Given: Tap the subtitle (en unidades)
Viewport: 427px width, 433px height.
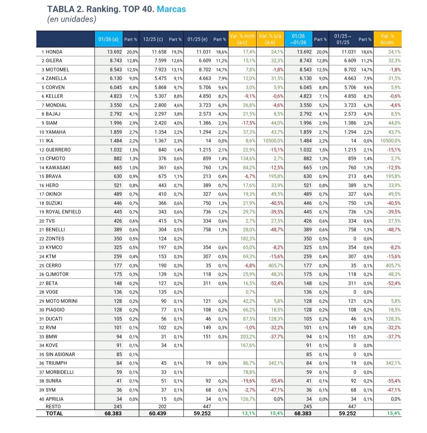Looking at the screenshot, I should (x=72, y=19).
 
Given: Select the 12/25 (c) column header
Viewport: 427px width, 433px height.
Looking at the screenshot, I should (x=153, y=39).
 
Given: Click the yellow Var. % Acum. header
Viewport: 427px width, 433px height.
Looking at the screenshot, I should (x=387, y=39).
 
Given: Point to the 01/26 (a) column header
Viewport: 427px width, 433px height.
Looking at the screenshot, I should (x=108, y=39).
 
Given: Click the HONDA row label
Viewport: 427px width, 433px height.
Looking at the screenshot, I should (x=54, y=52).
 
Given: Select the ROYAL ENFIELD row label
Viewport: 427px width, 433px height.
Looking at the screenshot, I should (x=63, y=212).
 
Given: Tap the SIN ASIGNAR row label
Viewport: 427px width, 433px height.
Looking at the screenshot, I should (x=60, y=354).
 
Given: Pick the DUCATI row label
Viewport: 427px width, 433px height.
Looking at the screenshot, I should (x=54, y=319).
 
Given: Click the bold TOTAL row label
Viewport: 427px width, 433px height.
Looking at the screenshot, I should (x=55, y=413).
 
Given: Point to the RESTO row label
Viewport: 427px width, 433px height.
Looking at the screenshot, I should (x=53, y=406).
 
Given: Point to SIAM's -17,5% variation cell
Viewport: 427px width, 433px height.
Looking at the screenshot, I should (x=248, y=123).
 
